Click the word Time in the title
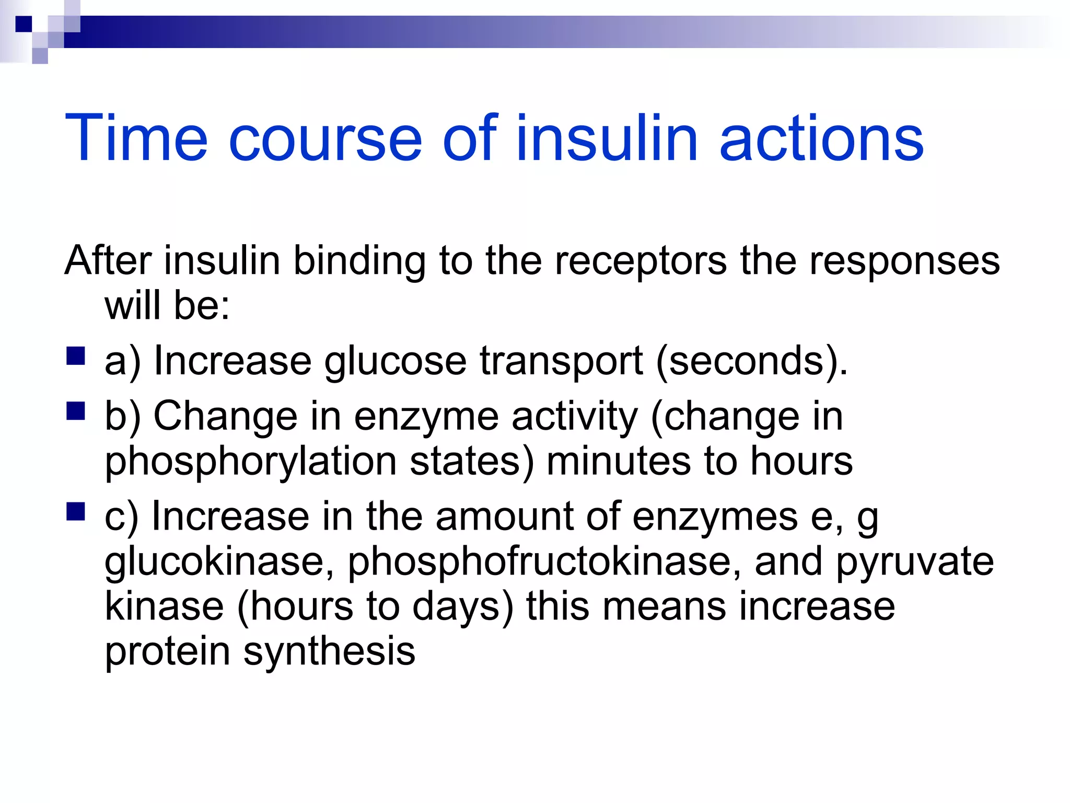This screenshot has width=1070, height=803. click(136, 137)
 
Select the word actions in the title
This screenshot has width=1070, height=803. click(821, 139)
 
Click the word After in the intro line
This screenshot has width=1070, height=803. click(109, 260)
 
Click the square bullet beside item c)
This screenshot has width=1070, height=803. click(76, 512)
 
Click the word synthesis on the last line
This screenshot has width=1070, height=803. click(330, 652)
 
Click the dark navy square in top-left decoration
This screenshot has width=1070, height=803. click(24, 24)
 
